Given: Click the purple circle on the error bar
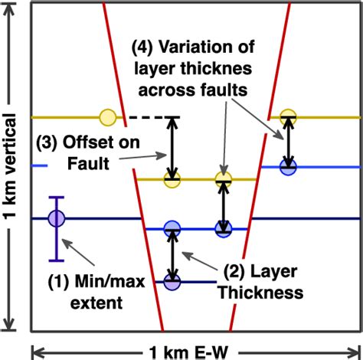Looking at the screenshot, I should (55, 219).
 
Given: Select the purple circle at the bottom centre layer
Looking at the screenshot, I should (174, 282).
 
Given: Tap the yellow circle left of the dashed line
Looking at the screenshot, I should (108, 117).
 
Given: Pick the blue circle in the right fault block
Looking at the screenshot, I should (288, 167).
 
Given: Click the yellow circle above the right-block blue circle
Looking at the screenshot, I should (288, 117).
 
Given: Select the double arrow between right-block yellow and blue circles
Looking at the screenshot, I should (288, 142).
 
